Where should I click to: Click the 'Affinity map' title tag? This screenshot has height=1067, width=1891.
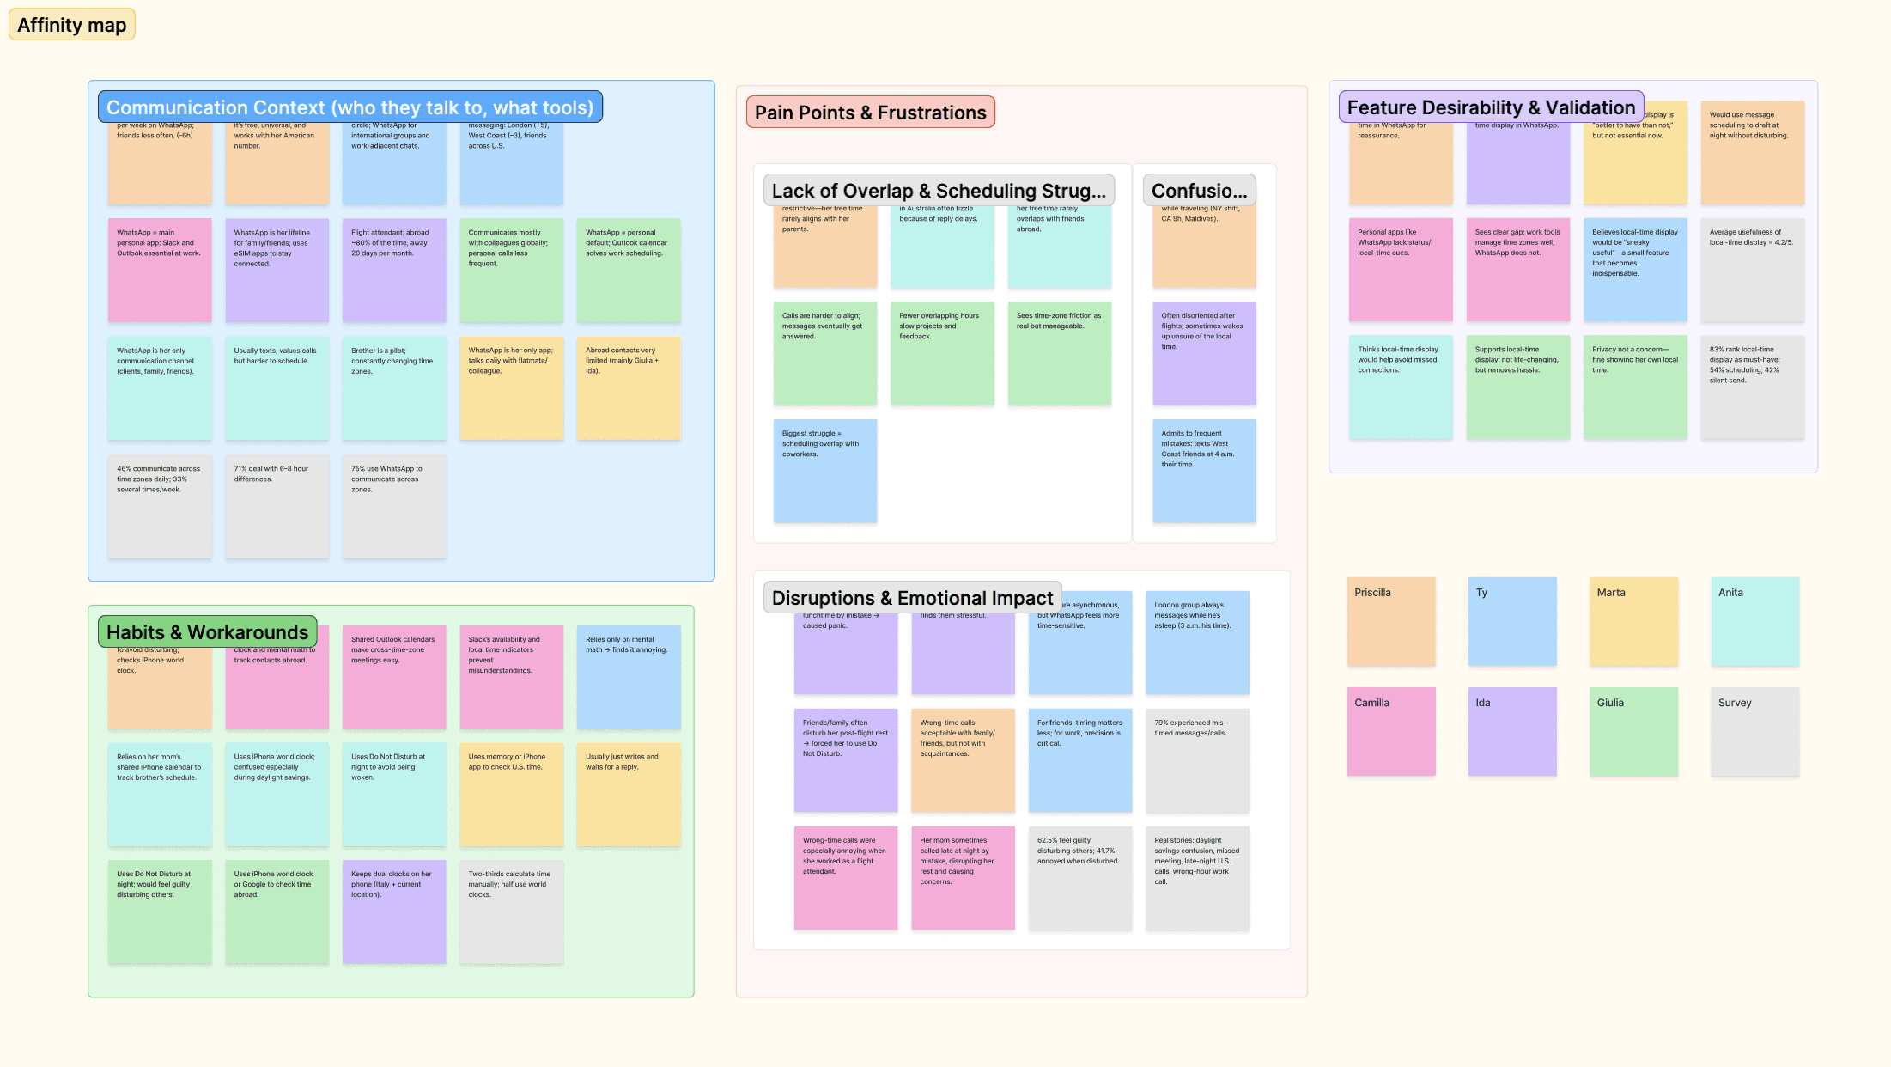coord(72,25)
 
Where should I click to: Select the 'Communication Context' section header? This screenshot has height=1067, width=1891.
coord(350,107)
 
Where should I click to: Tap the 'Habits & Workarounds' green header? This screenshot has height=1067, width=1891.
coord(207,632)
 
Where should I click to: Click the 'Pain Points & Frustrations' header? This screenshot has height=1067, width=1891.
coord(870,113)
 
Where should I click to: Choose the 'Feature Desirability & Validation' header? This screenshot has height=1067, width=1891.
coord(1490,107)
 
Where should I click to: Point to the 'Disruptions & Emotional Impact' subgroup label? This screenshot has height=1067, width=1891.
coord(912,598)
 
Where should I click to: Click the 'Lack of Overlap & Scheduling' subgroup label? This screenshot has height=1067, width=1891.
coord(939,191)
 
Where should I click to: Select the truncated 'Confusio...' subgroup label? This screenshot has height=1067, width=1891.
coord(1199,191)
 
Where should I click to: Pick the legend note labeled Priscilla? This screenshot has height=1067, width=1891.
coord(1391,621)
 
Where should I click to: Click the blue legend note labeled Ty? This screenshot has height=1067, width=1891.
coord(1512,621)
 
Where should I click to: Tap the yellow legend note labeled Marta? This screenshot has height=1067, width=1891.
coord(1633,621)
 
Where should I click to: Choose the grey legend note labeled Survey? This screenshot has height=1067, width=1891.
coord(1754,731)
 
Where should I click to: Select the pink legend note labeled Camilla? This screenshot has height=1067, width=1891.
coord(1391,731)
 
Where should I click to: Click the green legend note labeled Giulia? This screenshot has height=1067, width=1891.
coord(1633,731)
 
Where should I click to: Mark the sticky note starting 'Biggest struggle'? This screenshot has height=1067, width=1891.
coord(824,471)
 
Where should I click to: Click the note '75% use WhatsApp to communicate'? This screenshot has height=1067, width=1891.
coord(394,506)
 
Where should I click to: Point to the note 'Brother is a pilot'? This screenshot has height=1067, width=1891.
coord(394,388)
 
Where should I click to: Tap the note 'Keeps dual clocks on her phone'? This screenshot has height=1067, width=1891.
coord(394,912)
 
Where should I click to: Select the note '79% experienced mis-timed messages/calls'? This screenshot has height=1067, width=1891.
coord(1197,760)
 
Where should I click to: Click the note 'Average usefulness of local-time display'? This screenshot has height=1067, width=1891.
coord(1752,270)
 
